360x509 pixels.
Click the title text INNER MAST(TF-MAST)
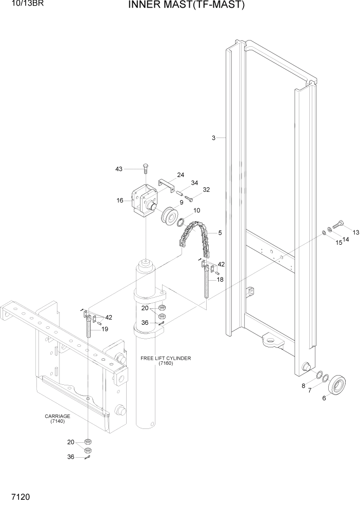click(186, 6)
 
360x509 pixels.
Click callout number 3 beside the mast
click(213, 138)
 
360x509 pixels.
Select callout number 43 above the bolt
click(119, 169)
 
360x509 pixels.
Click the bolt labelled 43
click(146, 168)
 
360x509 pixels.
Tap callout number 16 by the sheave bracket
click(120, 201)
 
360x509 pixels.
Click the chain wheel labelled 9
click(168, 214)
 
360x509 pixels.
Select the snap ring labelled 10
click(181, 222)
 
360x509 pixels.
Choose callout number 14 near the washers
click(346, 239)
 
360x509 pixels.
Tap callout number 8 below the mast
click(304, 385)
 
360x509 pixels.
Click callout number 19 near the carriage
click(105, 329)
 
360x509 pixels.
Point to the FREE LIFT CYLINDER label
click(166, 358)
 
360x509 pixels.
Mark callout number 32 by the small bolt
click(206, 189)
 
